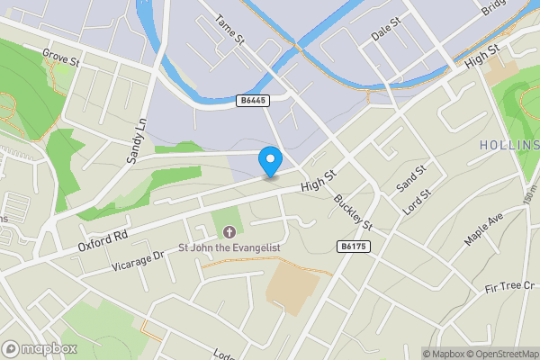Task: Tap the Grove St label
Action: (x=61, y=58)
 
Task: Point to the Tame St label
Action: (x=230, y=29)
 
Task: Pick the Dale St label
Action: (x=384, y=32)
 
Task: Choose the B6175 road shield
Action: (x=354, y=246)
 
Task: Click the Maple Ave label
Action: (x=482, y=229)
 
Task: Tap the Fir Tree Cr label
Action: (x=509, y=286)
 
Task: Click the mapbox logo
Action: (x=40, y=348)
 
